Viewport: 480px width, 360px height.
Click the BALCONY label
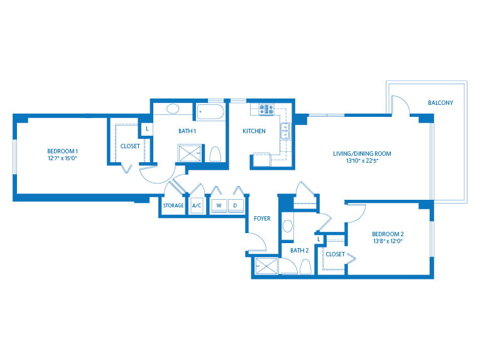pos(440,103)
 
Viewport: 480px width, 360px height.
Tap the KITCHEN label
pos(254,131)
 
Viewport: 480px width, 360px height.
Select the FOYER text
pos(262,218)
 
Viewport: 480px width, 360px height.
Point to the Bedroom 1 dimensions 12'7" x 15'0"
pos(62,158)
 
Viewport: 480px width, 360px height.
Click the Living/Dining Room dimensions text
pos(363,160)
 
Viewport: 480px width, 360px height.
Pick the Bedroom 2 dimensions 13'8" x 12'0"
pos(388,241)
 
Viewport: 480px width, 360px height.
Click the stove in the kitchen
pos(266,109)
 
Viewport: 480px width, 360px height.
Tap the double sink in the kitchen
pos(286,131)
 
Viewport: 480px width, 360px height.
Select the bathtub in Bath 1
pos(210,112)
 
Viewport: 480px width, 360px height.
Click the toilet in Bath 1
pos(215,154)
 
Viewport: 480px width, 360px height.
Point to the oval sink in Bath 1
pos(173,109)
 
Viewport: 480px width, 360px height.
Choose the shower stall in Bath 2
pos(266,266)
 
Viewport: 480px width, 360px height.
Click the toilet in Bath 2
pos(305,266)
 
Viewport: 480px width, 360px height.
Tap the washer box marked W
pos(219,205)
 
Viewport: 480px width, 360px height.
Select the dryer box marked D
pos(236,205)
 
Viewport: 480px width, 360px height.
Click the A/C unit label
pos(197,205)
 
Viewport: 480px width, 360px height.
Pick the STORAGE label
pos(173,205)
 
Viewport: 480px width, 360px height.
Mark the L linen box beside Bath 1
pos(147,129)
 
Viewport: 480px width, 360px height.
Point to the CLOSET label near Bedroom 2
pos(335,254)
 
